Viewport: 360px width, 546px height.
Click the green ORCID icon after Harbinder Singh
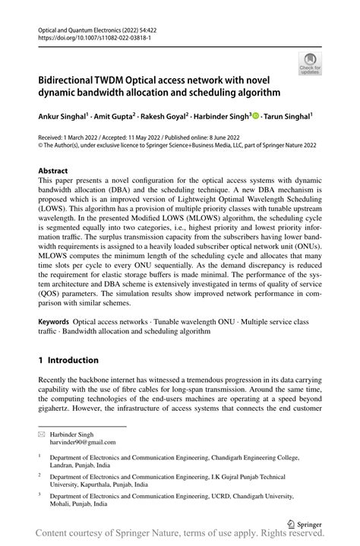[x=256, y=116]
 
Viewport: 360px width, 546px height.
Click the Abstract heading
[x=53, y=172]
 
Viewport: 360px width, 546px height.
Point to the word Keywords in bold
[x=55, y=322]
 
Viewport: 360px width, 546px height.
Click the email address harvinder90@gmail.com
[x=84, y=441]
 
